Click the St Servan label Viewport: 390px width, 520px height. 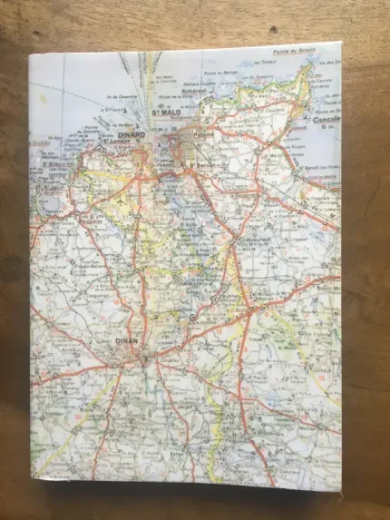pyautogui.click(x=201, y=164)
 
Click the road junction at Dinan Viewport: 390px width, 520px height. pyautogui.click(x=148, y=358)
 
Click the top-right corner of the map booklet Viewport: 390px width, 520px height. pyautogui.click(x=341, y=42)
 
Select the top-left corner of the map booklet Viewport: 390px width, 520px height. pyautogui.click(x=28, y=54)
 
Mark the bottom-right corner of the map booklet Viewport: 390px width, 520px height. pyautogui.click(x=342, y=491)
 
